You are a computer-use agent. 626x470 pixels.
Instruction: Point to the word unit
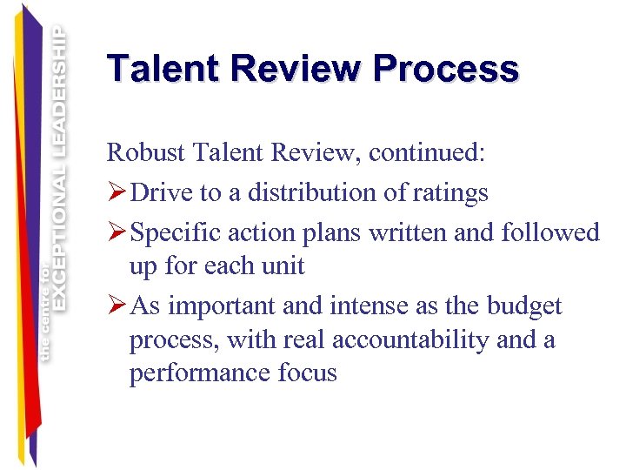point(283,265)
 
